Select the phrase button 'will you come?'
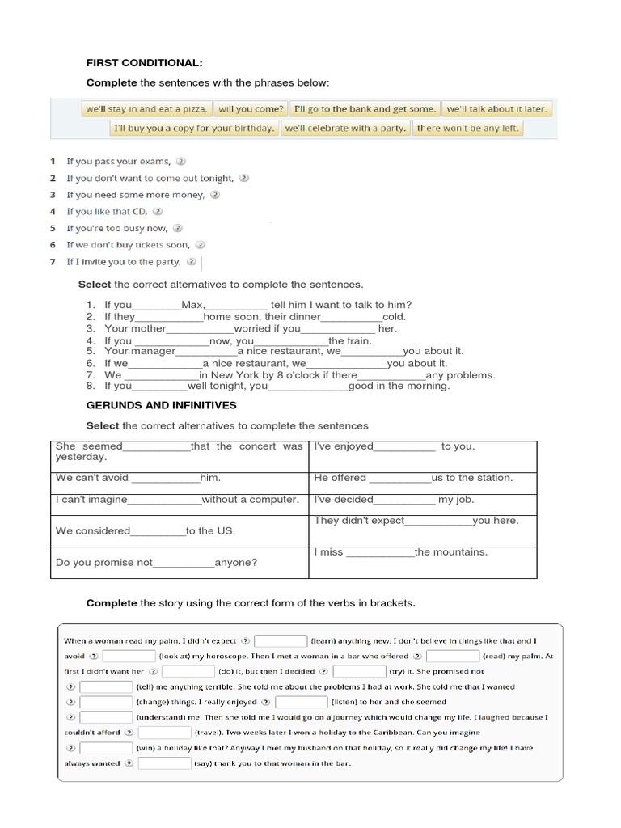click(x=251, y=108)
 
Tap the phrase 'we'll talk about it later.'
click(x=496, y=108)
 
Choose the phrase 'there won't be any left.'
click(x=468, y=128)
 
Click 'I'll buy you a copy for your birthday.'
click(x=193, y=128)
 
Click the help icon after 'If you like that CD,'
click(x=158, y=211)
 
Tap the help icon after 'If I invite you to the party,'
click(x=191, y=261)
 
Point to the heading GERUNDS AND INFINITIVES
click(x=161, y=404)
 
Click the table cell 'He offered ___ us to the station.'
click(x=422, y=478)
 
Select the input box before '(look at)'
click(x=129, y=657)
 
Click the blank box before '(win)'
click(x=106, y=748)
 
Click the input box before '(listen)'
click(x=301, y=702)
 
